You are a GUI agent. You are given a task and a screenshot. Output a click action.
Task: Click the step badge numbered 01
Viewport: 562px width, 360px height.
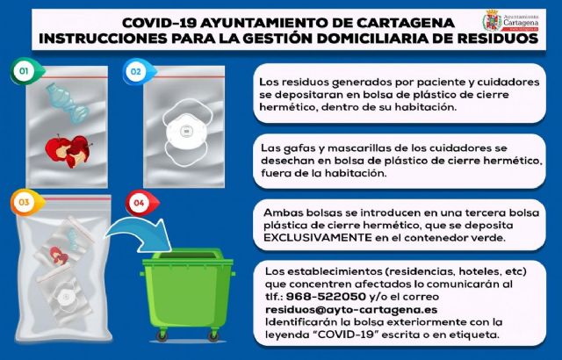click(25, 69)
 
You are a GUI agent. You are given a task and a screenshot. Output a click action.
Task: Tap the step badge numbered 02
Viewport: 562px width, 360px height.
click(136, 69)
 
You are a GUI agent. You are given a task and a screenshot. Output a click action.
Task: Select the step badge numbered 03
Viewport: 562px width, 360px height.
click(25, 203)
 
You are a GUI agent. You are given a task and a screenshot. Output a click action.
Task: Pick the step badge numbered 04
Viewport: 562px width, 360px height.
click(137, 203)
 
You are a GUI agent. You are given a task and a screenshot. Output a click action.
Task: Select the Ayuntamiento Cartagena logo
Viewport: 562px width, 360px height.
click(515, 23)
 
